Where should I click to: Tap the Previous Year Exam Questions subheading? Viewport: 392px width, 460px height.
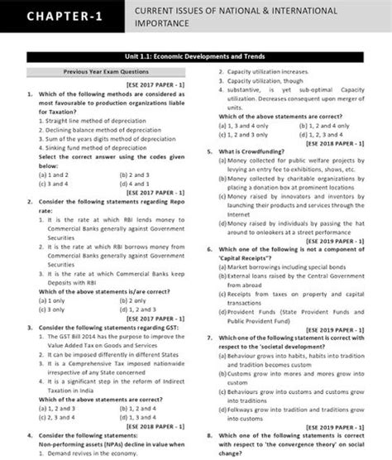click(x=106, y=73)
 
